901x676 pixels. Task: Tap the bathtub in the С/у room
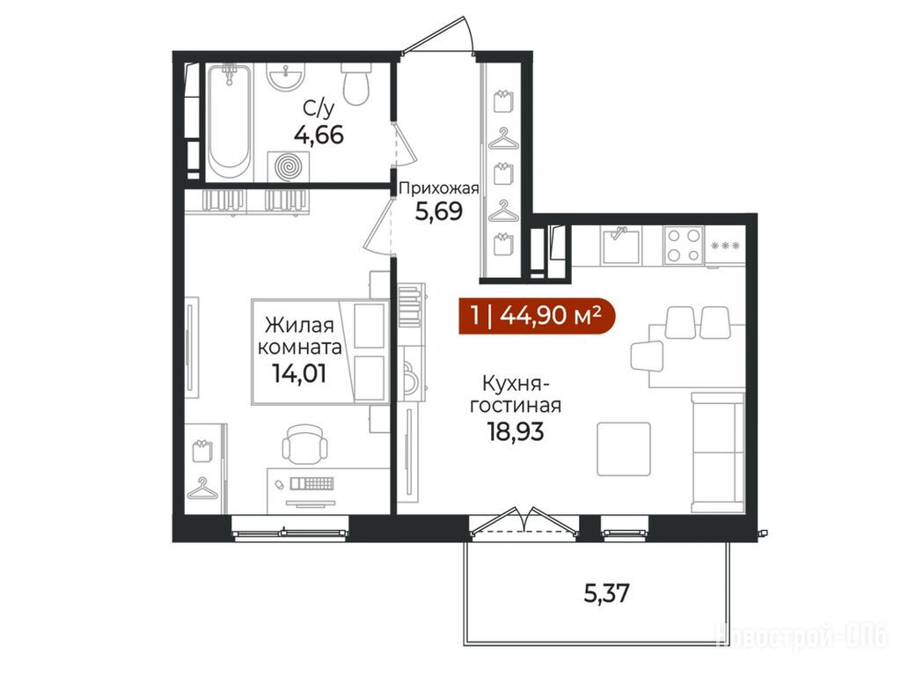pos(230,121)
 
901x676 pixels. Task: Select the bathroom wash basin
pos(286,77)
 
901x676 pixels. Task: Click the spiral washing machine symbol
pos(289,166)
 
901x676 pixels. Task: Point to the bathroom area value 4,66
pos(319,136)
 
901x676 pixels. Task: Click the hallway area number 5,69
pos(439,212)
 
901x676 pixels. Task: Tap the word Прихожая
pos(439,188)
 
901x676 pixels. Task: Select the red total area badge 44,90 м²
pos(537,316)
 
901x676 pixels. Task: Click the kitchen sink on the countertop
pos(621,246)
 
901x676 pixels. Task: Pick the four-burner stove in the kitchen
pos(684,245)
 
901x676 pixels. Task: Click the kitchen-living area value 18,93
pos(516,431)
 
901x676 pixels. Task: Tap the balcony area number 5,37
pos(607,593)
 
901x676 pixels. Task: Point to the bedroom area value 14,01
pos(299,373)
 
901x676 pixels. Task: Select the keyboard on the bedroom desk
pos(312,483)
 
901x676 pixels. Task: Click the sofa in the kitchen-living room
pos(718,452)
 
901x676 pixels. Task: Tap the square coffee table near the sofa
pos(624,449)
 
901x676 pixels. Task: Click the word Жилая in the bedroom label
pos(299,325)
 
